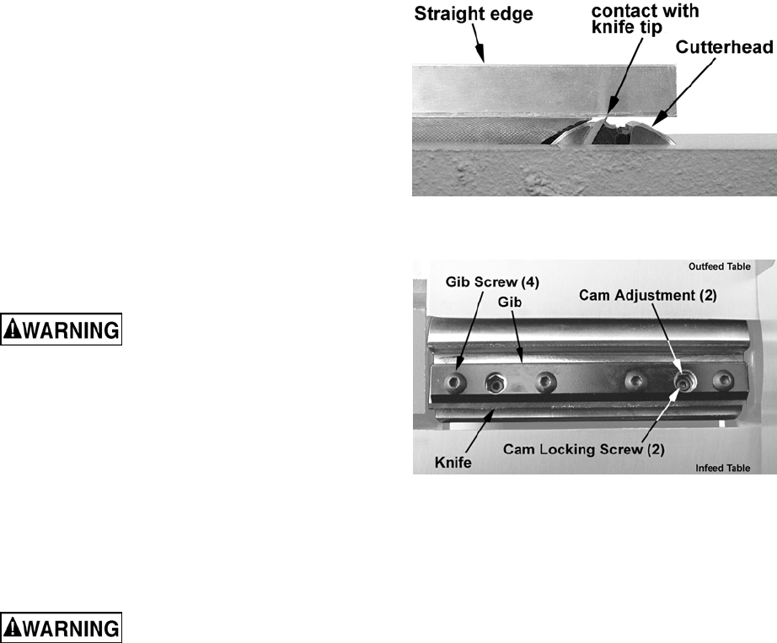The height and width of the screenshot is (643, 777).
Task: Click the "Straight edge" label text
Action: [x=473, y=14]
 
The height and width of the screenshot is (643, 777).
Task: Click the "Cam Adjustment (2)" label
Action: [x=650, y=295]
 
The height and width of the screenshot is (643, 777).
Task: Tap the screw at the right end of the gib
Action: [x=721, y=381]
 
